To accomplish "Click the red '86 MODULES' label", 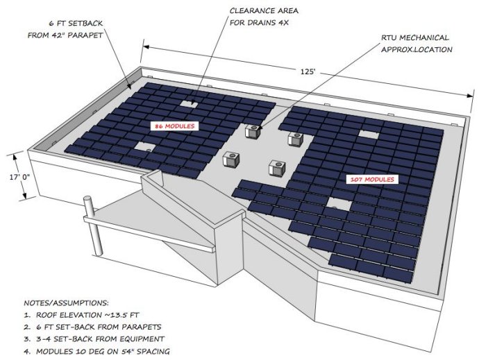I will pos(175,126).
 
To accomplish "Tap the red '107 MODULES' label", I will pos(372,180).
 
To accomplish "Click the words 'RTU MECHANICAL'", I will pos(414,37).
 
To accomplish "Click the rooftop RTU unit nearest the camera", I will pos(278,168).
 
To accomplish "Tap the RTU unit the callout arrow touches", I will pos(253,130).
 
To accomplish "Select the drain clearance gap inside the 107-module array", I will pos(338,204).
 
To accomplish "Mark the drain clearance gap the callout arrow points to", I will pos(189,103).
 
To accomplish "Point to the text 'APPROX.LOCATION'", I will pos(414,49).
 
